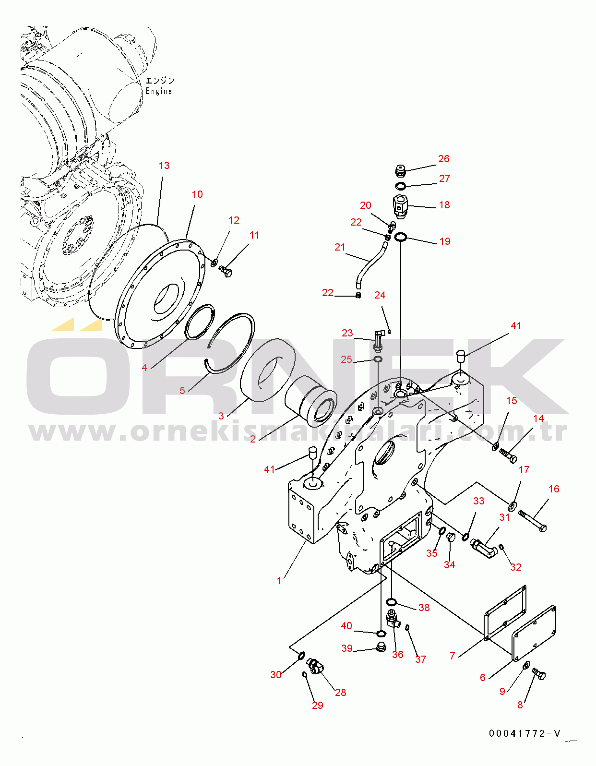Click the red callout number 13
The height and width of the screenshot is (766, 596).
[164, 165]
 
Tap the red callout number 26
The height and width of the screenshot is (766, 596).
[444, 159]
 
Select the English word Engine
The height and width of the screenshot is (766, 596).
[159, 91]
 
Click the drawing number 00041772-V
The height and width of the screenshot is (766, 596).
[524, 733]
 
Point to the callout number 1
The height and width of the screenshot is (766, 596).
[279, 581]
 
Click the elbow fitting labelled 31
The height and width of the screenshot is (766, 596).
[484, 548]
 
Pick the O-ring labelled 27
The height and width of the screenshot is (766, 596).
[400, 186]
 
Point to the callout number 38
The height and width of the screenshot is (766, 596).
[424, 607]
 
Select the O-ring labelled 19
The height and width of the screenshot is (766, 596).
[401, 238]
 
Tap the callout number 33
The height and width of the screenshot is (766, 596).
[478, 501]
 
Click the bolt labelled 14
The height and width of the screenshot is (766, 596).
[508, 456]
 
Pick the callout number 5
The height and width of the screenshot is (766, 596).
[182, 391]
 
